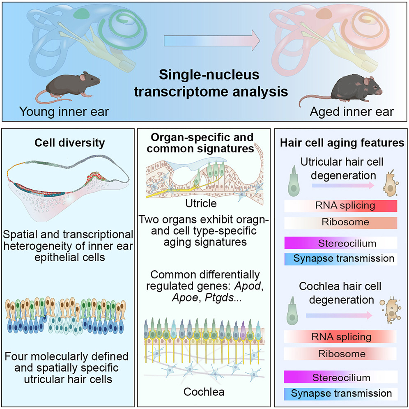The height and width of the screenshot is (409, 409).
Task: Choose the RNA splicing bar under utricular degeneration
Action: (340, 205)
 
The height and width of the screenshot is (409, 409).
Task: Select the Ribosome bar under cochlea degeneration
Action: (340, 354)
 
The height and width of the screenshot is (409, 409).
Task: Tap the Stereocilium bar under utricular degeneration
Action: (340, 243)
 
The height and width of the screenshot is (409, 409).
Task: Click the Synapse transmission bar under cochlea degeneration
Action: (340, 393)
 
